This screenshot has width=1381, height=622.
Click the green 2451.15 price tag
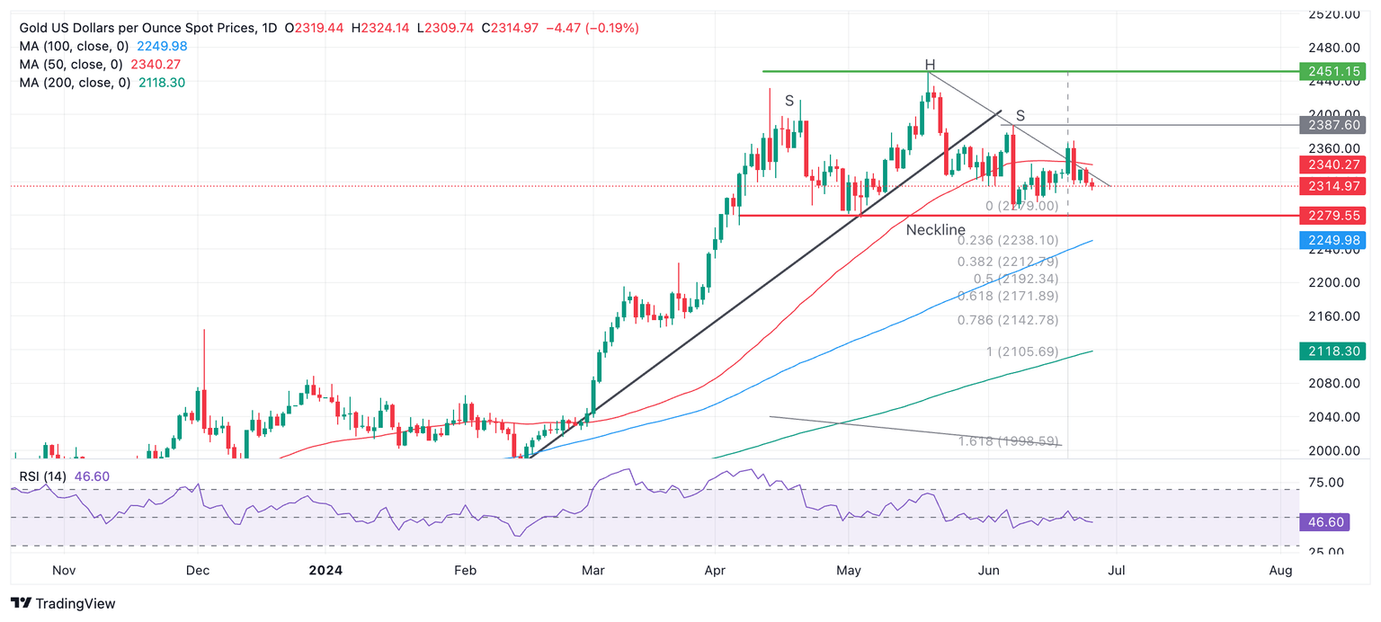coord(1332,71)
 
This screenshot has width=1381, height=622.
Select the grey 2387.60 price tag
coord(1332,125)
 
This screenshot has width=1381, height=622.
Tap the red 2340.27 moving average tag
coord(1332,164)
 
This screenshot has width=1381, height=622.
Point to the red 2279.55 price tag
coord(1332,216)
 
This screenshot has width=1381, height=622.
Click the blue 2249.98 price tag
coord(1332,240)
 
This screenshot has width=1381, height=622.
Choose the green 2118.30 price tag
coord(1332,351)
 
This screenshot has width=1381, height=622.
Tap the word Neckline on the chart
coord(935,230)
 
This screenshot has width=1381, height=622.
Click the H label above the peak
coord(931,65)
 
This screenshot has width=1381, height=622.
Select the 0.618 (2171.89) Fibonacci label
coord(1007,296)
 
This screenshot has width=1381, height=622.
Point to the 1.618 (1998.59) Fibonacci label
coord(1009,441)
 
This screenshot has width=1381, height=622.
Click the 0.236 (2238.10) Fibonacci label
coord(1007,241)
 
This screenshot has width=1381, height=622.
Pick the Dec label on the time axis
coord(197,570)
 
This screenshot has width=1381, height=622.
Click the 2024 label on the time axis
coord(325,570)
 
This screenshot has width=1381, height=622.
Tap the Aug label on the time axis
coord(1280,570)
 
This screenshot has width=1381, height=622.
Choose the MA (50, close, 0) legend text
coord(72,64)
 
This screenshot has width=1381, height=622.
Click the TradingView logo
coord(63,603)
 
